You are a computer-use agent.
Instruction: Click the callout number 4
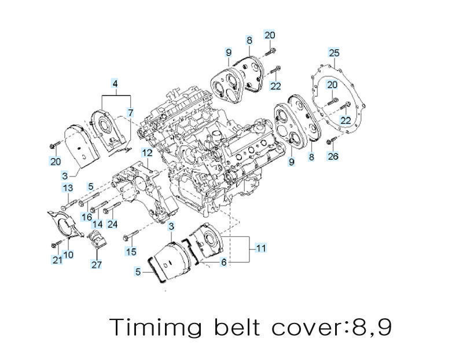(x=115, y=85)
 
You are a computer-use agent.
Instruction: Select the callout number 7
(x=131, y=112)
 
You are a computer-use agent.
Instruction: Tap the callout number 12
(x=148, y=153)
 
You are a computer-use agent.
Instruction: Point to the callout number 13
(x=68, y=188)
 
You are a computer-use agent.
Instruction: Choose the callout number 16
(x=86, y=216)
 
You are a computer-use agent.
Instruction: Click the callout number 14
(x=98, y=224)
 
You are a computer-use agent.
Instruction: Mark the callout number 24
(x=112, y=224)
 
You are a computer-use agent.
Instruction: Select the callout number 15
(x=132, y=252)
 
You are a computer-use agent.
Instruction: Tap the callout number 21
(x=57, y=260)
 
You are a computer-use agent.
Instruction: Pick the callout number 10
(x=68, y=255)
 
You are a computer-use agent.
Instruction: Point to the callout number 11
(x=261, y=248)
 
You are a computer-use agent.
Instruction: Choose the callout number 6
(x=223, y=262)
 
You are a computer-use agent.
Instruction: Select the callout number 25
(x=334, y=53)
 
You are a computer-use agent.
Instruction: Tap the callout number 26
(x=333, y=156)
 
